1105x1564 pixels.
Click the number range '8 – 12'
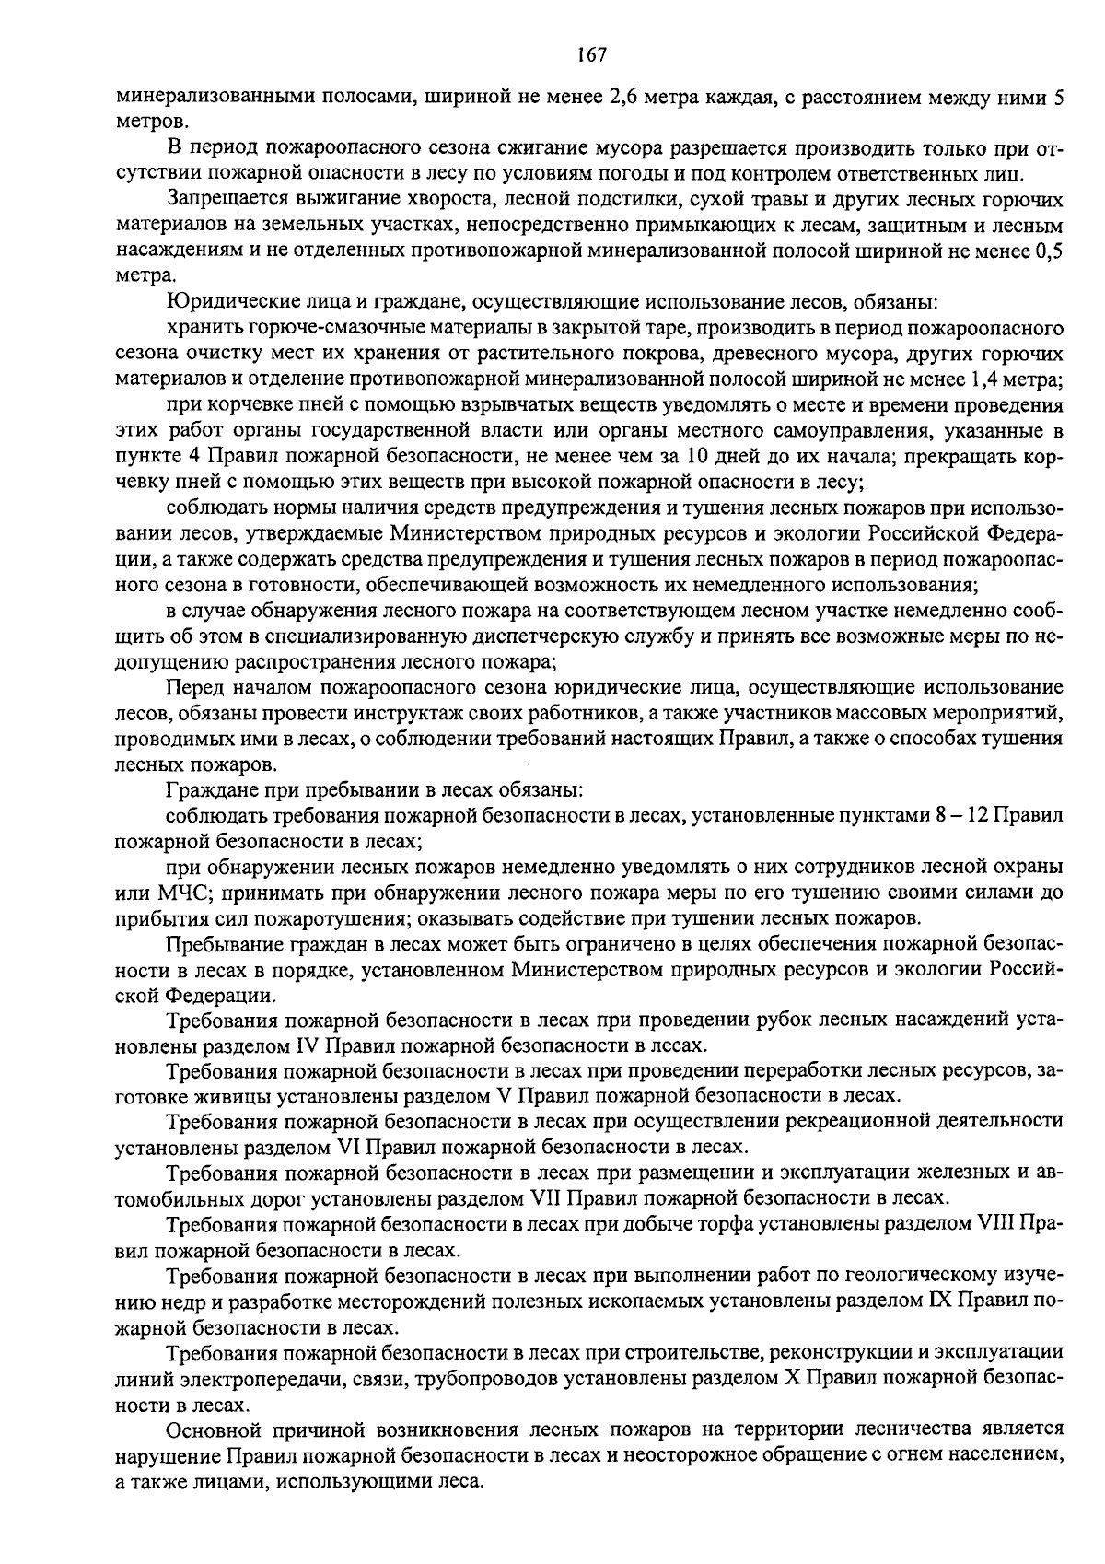963,816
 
